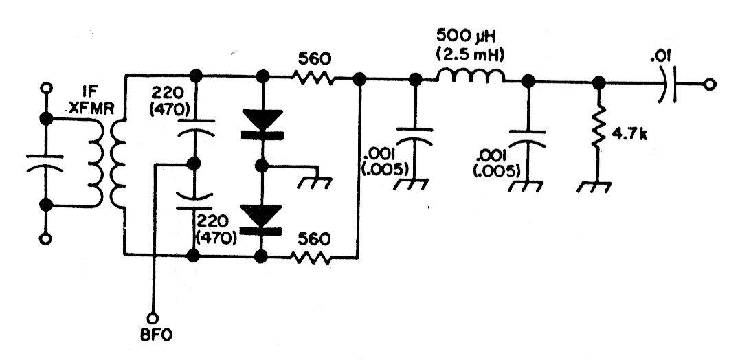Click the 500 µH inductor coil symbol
coord(471,76)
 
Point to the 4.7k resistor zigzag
coord(598,127)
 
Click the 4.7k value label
coord(629,135)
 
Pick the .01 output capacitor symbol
coord(669,85)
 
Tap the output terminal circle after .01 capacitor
coord(709,85)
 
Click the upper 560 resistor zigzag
coord(313,78)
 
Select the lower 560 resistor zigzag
coord(311,258)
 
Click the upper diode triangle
coord(262,120)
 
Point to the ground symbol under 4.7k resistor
coord(594,186)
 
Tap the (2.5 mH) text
coord(470,55)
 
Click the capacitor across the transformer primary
coord(45,164)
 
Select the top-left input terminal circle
coord(46,88)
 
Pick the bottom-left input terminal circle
coord(45,239)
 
